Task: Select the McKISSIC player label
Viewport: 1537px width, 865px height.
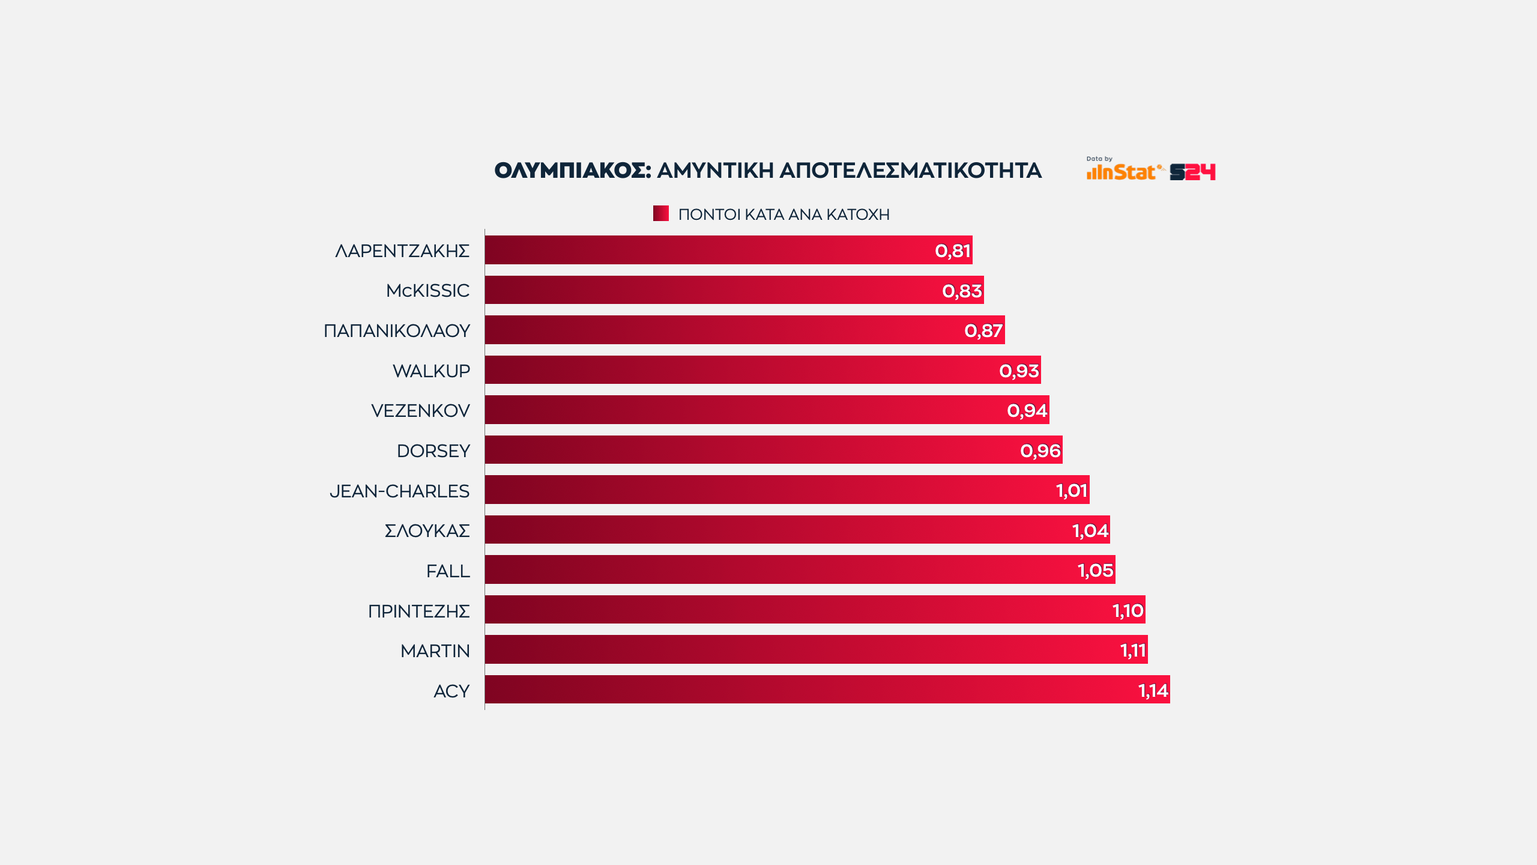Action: pyautogui.click(x=427, y=291)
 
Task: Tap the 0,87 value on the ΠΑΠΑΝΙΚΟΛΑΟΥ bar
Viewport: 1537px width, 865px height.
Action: pyautogui.click(x=983, y=330)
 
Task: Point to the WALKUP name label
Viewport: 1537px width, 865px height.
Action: pyautogui.click(x=431, y=371)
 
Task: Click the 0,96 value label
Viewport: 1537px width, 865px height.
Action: pyautogui.click(x=1040, y=451)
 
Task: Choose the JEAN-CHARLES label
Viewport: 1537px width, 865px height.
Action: pyautogui.click(x=399, y=491)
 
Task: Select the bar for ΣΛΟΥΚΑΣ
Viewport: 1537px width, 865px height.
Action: pyautogui.click(x=781, y=530)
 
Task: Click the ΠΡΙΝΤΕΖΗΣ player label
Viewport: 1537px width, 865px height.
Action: pyautogui.click(x=418, y=612)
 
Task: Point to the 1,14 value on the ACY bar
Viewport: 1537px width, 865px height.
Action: pyautogui.click(x=1153, y=690)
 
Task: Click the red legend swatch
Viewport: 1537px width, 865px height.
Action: pyautogui.click(x=661, y=213)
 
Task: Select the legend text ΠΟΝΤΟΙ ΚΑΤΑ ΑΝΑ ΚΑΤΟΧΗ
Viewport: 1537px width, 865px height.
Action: pyautogui.click(x=784, y=214)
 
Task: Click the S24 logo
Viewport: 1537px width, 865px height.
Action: pyautogui.click(x=1192, y=172)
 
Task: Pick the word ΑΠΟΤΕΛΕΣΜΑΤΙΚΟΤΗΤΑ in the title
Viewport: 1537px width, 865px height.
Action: pyautogui.click(x=910, y=171)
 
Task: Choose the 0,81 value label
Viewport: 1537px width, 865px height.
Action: pyautogui.click(x=953, y=250)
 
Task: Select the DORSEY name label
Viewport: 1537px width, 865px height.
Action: pyautogui.click(x=433, y=451)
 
